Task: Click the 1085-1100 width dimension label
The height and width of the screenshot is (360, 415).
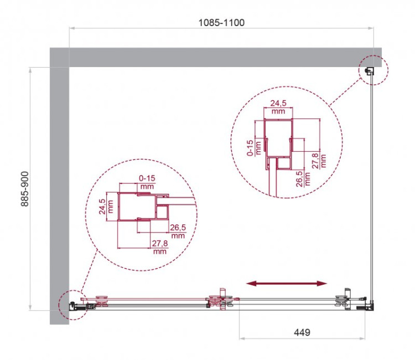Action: click(x=221, y=23)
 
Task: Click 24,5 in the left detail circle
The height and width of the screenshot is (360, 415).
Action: click(x=103, y=206)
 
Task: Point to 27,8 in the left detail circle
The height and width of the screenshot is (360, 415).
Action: click(x=159, y=247)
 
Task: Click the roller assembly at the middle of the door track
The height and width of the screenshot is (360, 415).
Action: click(x=220, y=300)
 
